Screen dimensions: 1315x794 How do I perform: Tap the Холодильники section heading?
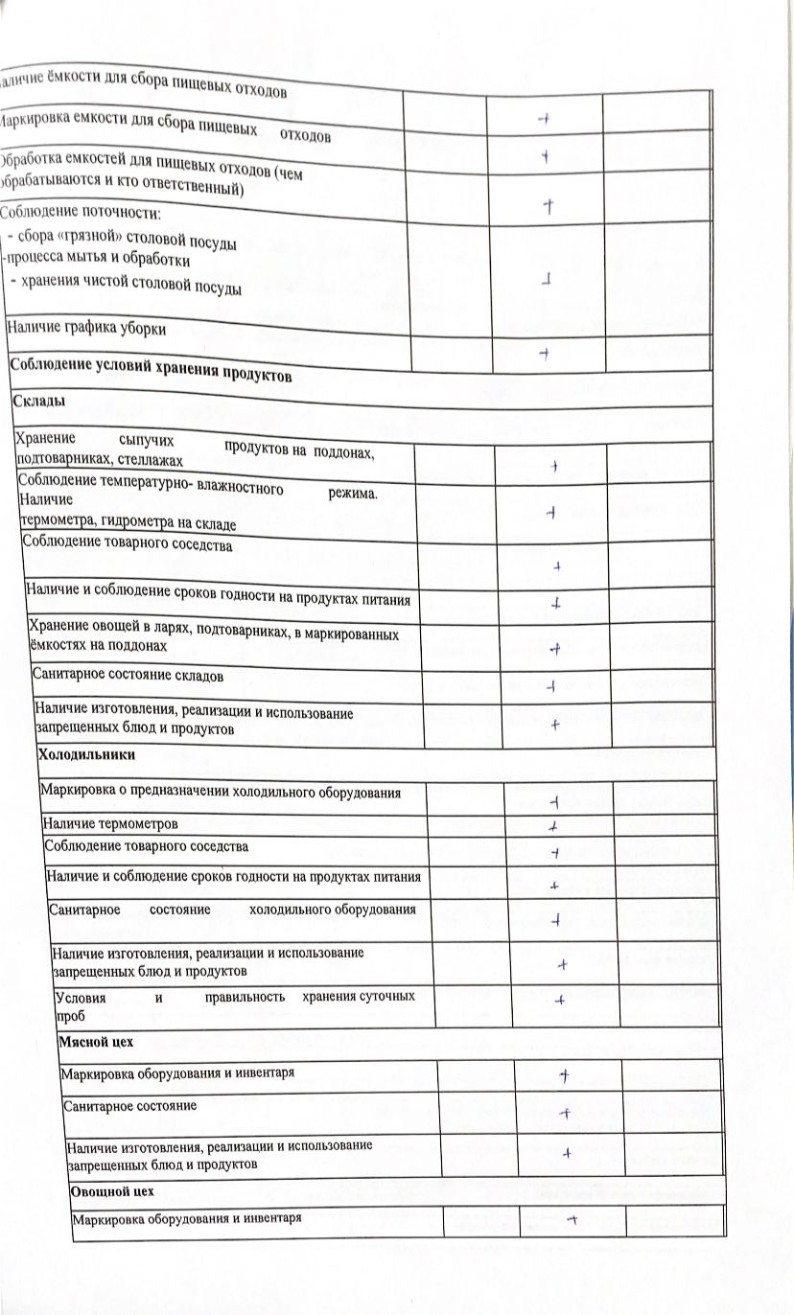click(x=85, y=755)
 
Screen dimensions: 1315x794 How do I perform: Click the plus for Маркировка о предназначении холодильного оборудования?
click(x=554, y=801)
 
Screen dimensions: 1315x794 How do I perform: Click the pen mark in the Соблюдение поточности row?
click(x=546, y=281)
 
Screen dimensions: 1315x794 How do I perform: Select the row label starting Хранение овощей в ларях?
click(x=215, y=635)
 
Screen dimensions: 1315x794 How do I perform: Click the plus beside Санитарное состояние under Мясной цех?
click(x=566, y=1113)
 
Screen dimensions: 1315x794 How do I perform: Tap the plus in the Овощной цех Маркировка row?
click(x=571, y=1219)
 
